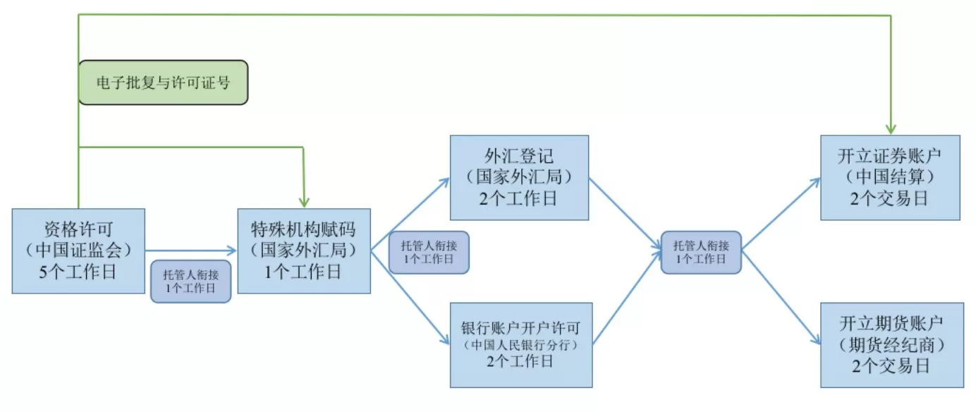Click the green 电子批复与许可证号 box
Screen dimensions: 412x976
point(163,83)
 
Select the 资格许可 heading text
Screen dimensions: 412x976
point(78,229)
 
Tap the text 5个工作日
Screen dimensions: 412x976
point(78,272)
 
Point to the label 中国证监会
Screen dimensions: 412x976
point(78,250)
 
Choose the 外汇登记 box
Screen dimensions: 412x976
point(520,177)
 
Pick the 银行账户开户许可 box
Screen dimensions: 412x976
point(520,345)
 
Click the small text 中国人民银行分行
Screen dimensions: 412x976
point(520,345)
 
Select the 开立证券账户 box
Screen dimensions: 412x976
point(890,177)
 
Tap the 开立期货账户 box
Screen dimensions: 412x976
point(891,345)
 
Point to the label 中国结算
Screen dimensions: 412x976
point(890,176)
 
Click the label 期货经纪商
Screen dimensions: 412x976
point(891,345)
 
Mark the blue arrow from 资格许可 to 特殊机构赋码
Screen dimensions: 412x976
point(190,250)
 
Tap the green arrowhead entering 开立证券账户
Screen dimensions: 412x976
point(891,129)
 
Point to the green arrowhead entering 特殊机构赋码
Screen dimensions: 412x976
point(303,202)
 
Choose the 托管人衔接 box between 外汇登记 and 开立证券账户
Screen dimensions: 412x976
point(701,253)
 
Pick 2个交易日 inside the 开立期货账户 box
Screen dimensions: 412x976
point(891,366)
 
